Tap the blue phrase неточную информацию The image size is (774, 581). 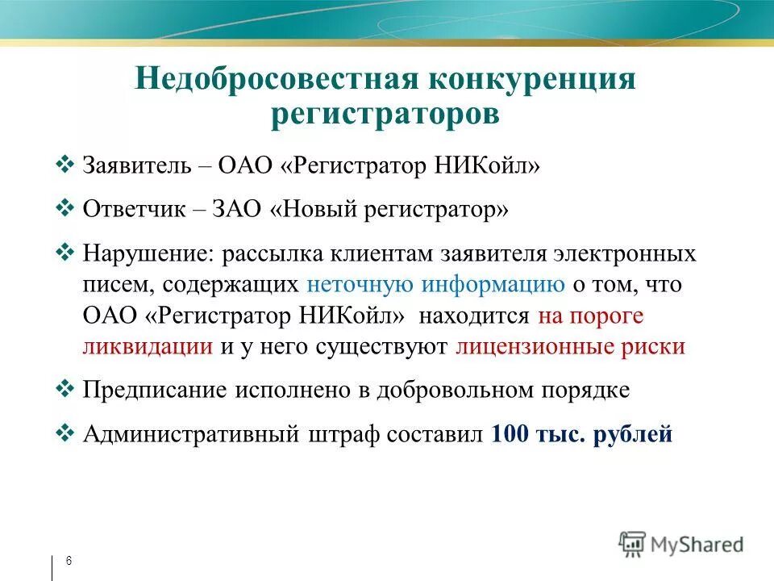(x=435, y=286)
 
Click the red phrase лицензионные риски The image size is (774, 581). (x=570, y=347)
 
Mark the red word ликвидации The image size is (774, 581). (x=148, y=347)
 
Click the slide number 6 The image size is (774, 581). (x=69, y=561)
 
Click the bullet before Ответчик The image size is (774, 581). (x=67, y=209)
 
